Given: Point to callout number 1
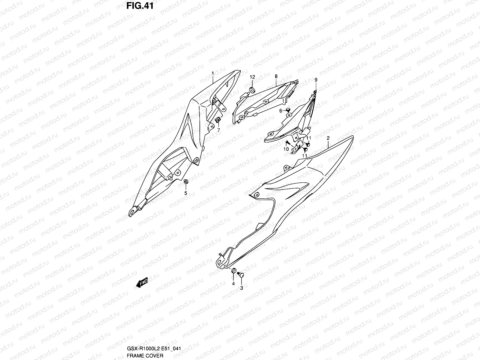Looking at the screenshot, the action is tap(213, 73).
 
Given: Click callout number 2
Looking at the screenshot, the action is tap(328, 138).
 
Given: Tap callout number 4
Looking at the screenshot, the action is tap(233, 283).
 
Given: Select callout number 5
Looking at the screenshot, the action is tap(186, 193).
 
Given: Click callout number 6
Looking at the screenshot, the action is tap(281, 111).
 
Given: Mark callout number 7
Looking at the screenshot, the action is tap(218, 130).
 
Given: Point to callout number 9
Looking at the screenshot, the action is tap(316, 79).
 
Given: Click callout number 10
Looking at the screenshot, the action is tap(286, 149).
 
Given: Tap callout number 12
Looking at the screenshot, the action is tap(252, 77).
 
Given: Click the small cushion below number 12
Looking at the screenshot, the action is tap(252, 89).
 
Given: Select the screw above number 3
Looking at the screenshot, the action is tap(240, 274).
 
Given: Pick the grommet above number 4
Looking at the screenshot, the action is tap(233, 271).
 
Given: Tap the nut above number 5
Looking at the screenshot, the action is tap(186, 181).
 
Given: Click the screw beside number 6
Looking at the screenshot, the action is tap(288, 110).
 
